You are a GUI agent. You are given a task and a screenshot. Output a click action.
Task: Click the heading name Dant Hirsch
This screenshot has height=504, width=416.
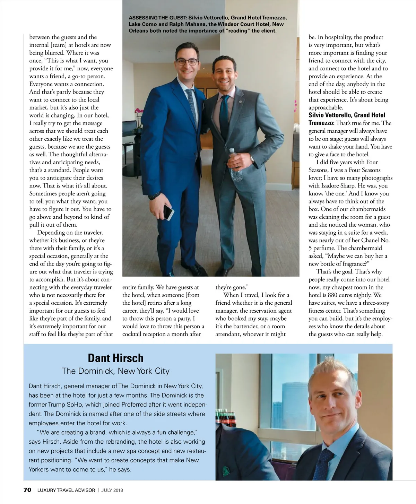pyautogui.click(x=115, y=358)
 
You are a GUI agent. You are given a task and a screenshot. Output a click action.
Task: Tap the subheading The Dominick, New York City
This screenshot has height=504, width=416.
pyautogui.click(x=115, y=371)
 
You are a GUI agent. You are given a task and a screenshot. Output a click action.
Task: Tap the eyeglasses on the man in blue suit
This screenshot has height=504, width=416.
pyautogui.click(x=187, y=62)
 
